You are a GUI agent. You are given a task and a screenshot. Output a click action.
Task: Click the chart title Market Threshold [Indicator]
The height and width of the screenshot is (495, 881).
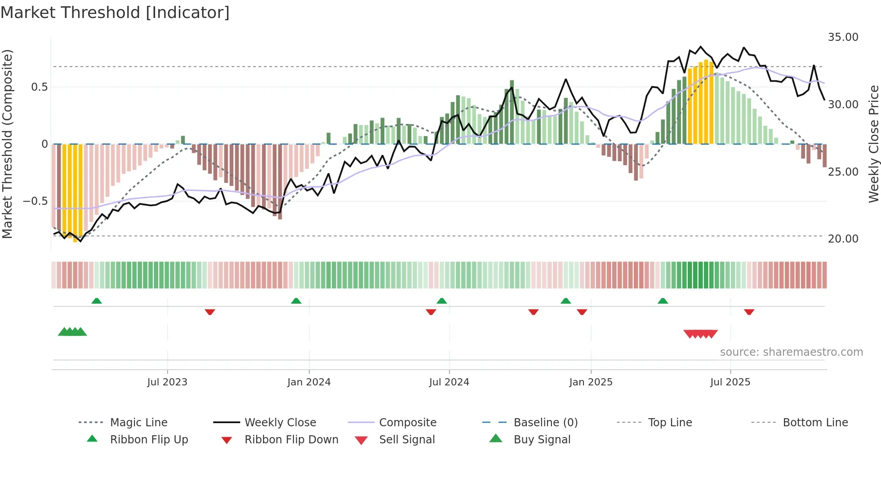click(115, 13)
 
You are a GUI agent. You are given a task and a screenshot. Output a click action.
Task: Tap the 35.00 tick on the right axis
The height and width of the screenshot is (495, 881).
click(843, 37)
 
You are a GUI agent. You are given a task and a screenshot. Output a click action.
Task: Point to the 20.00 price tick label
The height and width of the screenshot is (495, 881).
click(843, 239)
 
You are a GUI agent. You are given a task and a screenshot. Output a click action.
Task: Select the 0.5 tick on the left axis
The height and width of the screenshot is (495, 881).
click(39, 87)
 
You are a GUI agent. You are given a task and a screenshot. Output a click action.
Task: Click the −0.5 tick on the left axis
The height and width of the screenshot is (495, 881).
click(36, 201)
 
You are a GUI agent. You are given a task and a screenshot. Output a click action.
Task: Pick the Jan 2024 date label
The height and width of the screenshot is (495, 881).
click(309, 382)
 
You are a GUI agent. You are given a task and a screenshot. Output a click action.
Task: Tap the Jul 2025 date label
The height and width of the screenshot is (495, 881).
click(730, 382)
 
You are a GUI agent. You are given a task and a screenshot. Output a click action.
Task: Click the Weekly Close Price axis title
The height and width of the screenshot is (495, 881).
click(873, 144)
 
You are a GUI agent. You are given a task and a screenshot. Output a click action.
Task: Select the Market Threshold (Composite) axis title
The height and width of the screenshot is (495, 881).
click(7, 144)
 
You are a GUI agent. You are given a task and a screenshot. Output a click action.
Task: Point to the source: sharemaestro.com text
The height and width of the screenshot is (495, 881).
click(791, 352)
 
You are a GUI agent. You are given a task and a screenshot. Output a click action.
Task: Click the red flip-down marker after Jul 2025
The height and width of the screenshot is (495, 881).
click(749, 312)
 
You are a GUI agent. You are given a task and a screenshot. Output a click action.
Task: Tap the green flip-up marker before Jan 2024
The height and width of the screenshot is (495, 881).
click(296, 301)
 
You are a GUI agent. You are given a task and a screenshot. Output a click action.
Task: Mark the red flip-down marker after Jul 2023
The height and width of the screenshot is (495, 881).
click(209, 312)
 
